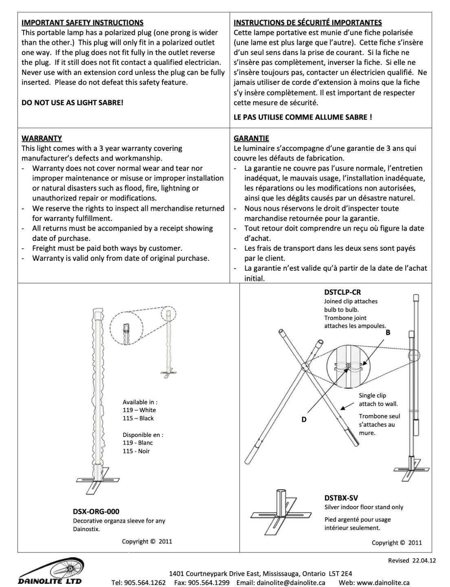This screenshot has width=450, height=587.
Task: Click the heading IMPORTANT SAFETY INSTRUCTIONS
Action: pyautogui.click(x=82, y=23)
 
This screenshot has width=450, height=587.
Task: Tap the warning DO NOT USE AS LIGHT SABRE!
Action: pyautogui.click(x=72, y=102)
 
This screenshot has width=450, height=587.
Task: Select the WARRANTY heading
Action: pyautogui.click(x=42, y=139)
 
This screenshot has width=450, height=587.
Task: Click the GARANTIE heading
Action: pyautogui.click(x=251, y=139)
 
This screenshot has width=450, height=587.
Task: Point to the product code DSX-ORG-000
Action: pyautogui.click(x=96, y=512)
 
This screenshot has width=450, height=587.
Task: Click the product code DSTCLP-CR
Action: pyautogui.click(x=342, y=292)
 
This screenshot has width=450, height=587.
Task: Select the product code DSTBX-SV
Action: pyautogui.click(x=341, y=498)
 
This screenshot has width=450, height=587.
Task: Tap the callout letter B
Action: pyautogui.click(x=388, y=333)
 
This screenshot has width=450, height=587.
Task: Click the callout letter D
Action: pyautogui.click(x=304, y=419)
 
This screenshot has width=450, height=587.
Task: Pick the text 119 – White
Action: pyautogui.click(x=139, y=410)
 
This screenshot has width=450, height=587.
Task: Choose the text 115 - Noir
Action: pyautogui.click(x=136, y=451)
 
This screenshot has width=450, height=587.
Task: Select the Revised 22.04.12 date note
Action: pyautogui.click(x=412, y=561)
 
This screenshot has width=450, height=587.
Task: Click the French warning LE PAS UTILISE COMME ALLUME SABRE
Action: pyautogui.click(x=303, y=117)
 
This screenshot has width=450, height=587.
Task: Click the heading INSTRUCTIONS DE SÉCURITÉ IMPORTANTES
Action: pyautogui.click(x=307, y=23)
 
